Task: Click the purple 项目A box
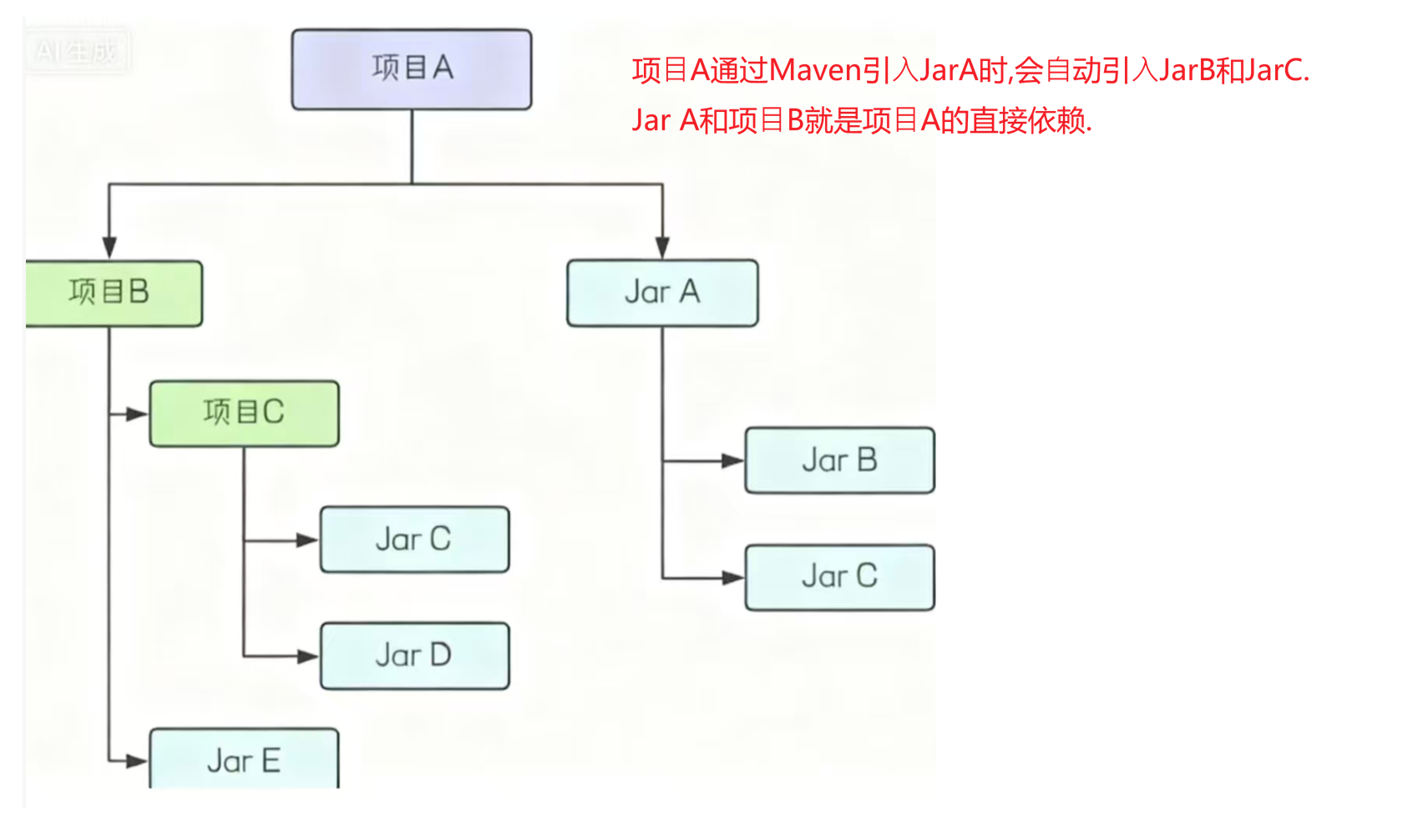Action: pyautogui.click(x=412, y=69)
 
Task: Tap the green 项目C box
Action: pyautogui.click(x=244, y=413)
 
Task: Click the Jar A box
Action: pyautogui.click(x=662, y=293)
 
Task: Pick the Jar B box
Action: pyautogui.click(x=839, y=460)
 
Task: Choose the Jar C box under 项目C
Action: pyautogui.click(x=414, y=539)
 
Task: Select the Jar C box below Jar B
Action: pyautogui.click(x=839, y=577)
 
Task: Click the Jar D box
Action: pyautogui.click(x=414, y=655)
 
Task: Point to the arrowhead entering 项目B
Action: pyautogui.click(x=109, y=247)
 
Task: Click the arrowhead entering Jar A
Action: pyautogui.click(x=662, y=247)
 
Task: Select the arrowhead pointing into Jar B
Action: pyautogui.click(x=732, y=460)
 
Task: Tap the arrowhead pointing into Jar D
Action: pyautogui.click(x=307, y=656)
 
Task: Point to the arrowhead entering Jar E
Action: pyautogui.click(x=136, y=761)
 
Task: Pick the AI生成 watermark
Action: pyautogui.click(x=77, y=52)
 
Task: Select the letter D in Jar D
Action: pyautogui.click(x=439, y=655)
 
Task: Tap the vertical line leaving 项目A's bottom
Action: pyautogui.click(x=412, y=146)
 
